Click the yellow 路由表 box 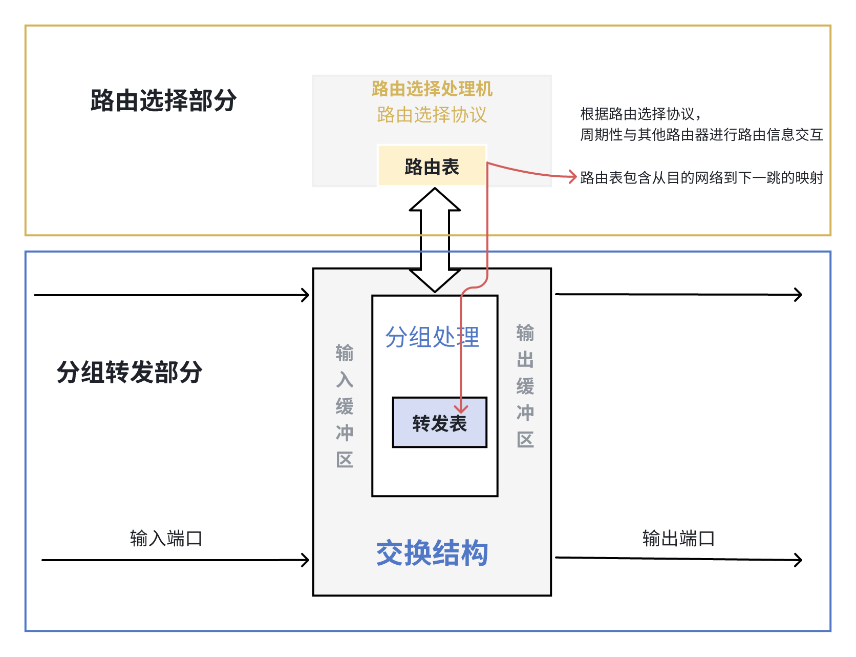coord(432,166)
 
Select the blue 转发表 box coord(439,423)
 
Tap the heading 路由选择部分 coord(163,100)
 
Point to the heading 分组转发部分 coord(130,372)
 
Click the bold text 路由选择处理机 coord(432,89)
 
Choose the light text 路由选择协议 coord(432,115)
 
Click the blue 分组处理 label coord(432,337)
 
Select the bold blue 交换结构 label coord(432,553)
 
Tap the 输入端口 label coord(166,539)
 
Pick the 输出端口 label coord(678,539)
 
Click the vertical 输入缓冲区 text coord(345,406)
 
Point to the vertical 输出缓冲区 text coord(525,386)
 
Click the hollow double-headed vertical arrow coord(435,239)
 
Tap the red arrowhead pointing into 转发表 coord(461,409)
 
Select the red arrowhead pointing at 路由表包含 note coord(573,177)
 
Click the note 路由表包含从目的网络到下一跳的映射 coord(701,178)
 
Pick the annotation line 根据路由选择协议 coord(640,113)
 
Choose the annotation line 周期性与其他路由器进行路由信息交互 coord(701,135)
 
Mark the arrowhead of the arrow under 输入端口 coord(306,560)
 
